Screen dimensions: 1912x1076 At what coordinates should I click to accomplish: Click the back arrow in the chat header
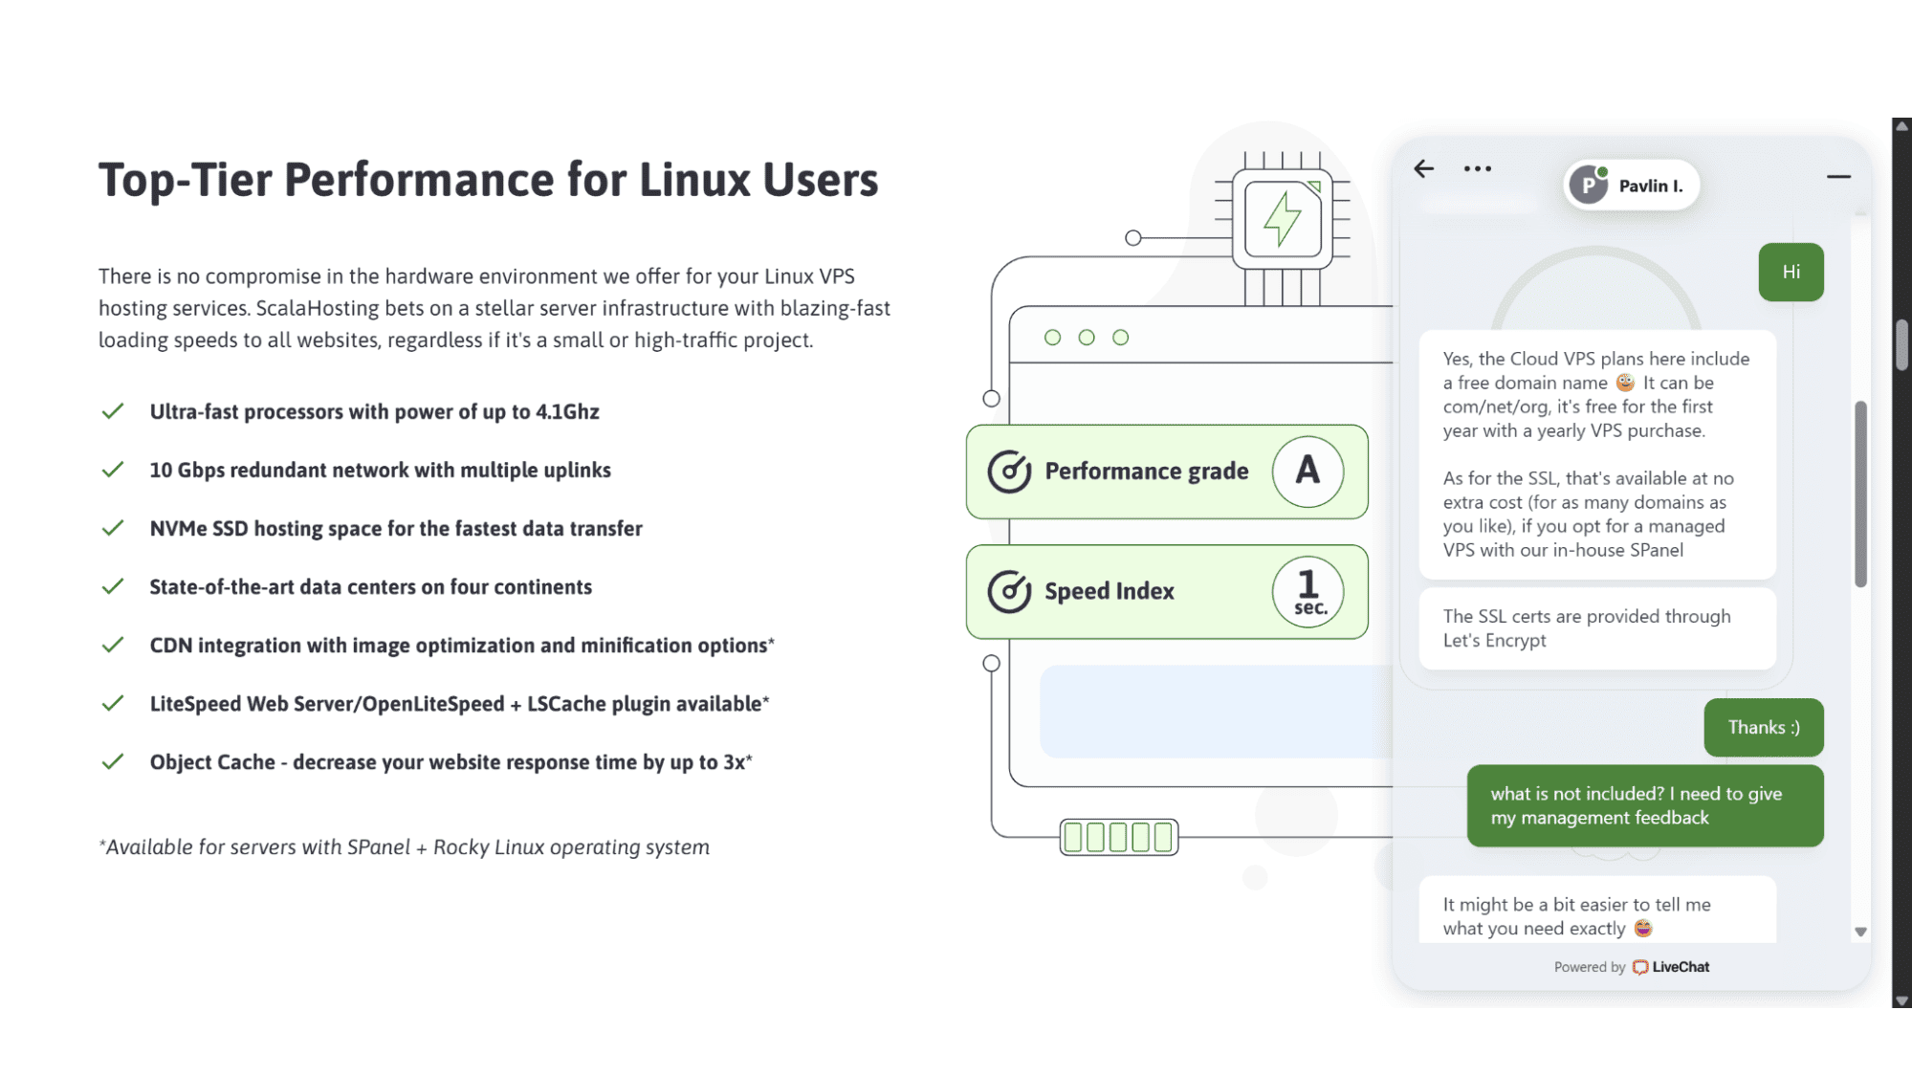pyautogui.click(x=1424, y=169)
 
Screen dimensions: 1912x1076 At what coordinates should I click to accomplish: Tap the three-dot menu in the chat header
pyautogui.click(x=1478, y=169)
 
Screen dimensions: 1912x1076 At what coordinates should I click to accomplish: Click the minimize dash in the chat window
pyautogui.click(x=1838, y=176)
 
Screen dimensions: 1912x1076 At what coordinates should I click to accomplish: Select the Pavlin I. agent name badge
pyautogui.click(x=1632, y=186)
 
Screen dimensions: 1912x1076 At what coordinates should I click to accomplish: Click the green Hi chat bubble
pyautogui.click(x=1791, y=273)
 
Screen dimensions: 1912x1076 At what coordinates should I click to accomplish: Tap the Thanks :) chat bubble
pyautogui.click(x=1764, y=728)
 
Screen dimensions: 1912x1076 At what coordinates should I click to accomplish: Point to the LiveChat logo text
pyautogui.click(x=1681, y=967)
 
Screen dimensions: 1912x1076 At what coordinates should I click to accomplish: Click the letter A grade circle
pyautogui.click(x=1308, y=472)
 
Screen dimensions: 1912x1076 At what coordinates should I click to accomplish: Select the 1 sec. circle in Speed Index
pyautogui.click(x=1308, y=592)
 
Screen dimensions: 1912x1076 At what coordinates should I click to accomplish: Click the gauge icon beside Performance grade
pyautogui.click(x=1009, y=472)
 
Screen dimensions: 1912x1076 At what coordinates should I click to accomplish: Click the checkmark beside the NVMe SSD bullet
pyautogui.click(x=113, y=528)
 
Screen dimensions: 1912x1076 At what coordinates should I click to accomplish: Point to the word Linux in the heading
pyautogui.click(x=694, y=180)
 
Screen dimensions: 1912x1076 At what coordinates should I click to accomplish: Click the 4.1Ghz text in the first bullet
pyautogui.click(x=567, y=412)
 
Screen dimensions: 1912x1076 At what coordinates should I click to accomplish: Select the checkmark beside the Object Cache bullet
pyautogui.click(x=113, y=761)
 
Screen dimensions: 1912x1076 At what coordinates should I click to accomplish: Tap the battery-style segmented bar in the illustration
pyautogui.click(x=1119, y=838)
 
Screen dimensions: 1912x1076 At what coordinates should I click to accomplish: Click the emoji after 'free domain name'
pyautogui.click(x=1625, y=383)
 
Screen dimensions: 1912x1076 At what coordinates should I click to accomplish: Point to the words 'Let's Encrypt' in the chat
pyautogui.click(x=1494, y=641)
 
